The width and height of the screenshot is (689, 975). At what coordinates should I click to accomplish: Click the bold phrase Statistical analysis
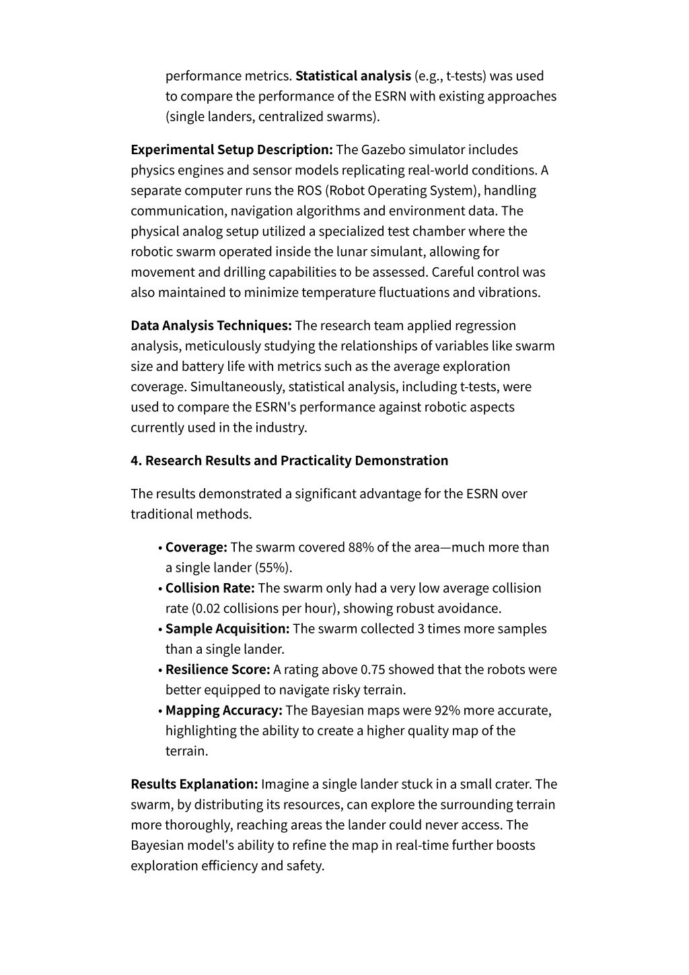(353, 76)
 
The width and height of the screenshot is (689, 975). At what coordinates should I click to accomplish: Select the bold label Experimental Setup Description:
(231, 149)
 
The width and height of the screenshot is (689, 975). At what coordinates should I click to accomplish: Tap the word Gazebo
(383, 149)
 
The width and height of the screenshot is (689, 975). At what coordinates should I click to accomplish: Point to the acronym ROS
(309, 191)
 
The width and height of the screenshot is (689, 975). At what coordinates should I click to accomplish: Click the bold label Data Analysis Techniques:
(211, 326)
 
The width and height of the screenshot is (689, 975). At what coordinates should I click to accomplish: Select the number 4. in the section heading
(136, 461)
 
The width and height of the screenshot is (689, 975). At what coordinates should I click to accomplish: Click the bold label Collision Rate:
(210, 589)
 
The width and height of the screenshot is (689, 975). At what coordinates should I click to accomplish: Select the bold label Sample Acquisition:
(227, 629)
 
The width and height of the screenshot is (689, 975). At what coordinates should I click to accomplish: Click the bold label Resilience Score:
(217, 670)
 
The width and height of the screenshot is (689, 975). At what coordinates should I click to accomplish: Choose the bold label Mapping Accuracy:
(223, 710)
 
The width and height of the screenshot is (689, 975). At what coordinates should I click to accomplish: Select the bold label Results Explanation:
(194, 784)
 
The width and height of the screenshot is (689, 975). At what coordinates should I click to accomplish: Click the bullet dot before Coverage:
(160, 548)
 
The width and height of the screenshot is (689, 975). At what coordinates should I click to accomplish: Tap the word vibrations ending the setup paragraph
(508, 293)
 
